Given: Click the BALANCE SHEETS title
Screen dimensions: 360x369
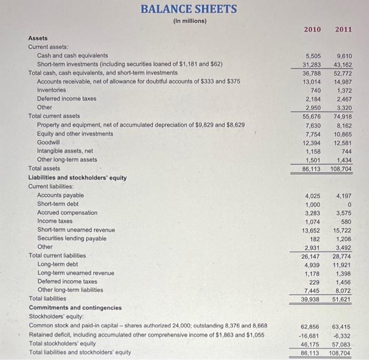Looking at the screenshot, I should (x=189, y=9).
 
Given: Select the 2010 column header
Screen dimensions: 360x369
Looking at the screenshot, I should (x=312, y=29).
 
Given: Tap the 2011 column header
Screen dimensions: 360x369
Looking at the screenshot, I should (x=343, y=29).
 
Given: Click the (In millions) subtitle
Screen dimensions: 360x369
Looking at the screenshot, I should (x=189, y=21).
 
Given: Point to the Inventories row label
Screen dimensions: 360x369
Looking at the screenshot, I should (x=52, y=90).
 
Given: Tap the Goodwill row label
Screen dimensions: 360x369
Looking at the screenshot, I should (x=48, y=142).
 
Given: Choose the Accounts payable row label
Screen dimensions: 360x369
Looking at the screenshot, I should (x=61, y=195).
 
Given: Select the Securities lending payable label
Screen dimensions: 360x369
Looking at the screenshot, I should (x=72, y=238).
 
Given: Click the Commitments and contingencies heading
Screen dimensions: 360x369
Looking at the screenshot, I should (x=75, y=307).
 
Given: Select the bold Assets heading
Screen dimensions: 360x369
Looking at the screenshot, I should (x=37, y=38).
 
